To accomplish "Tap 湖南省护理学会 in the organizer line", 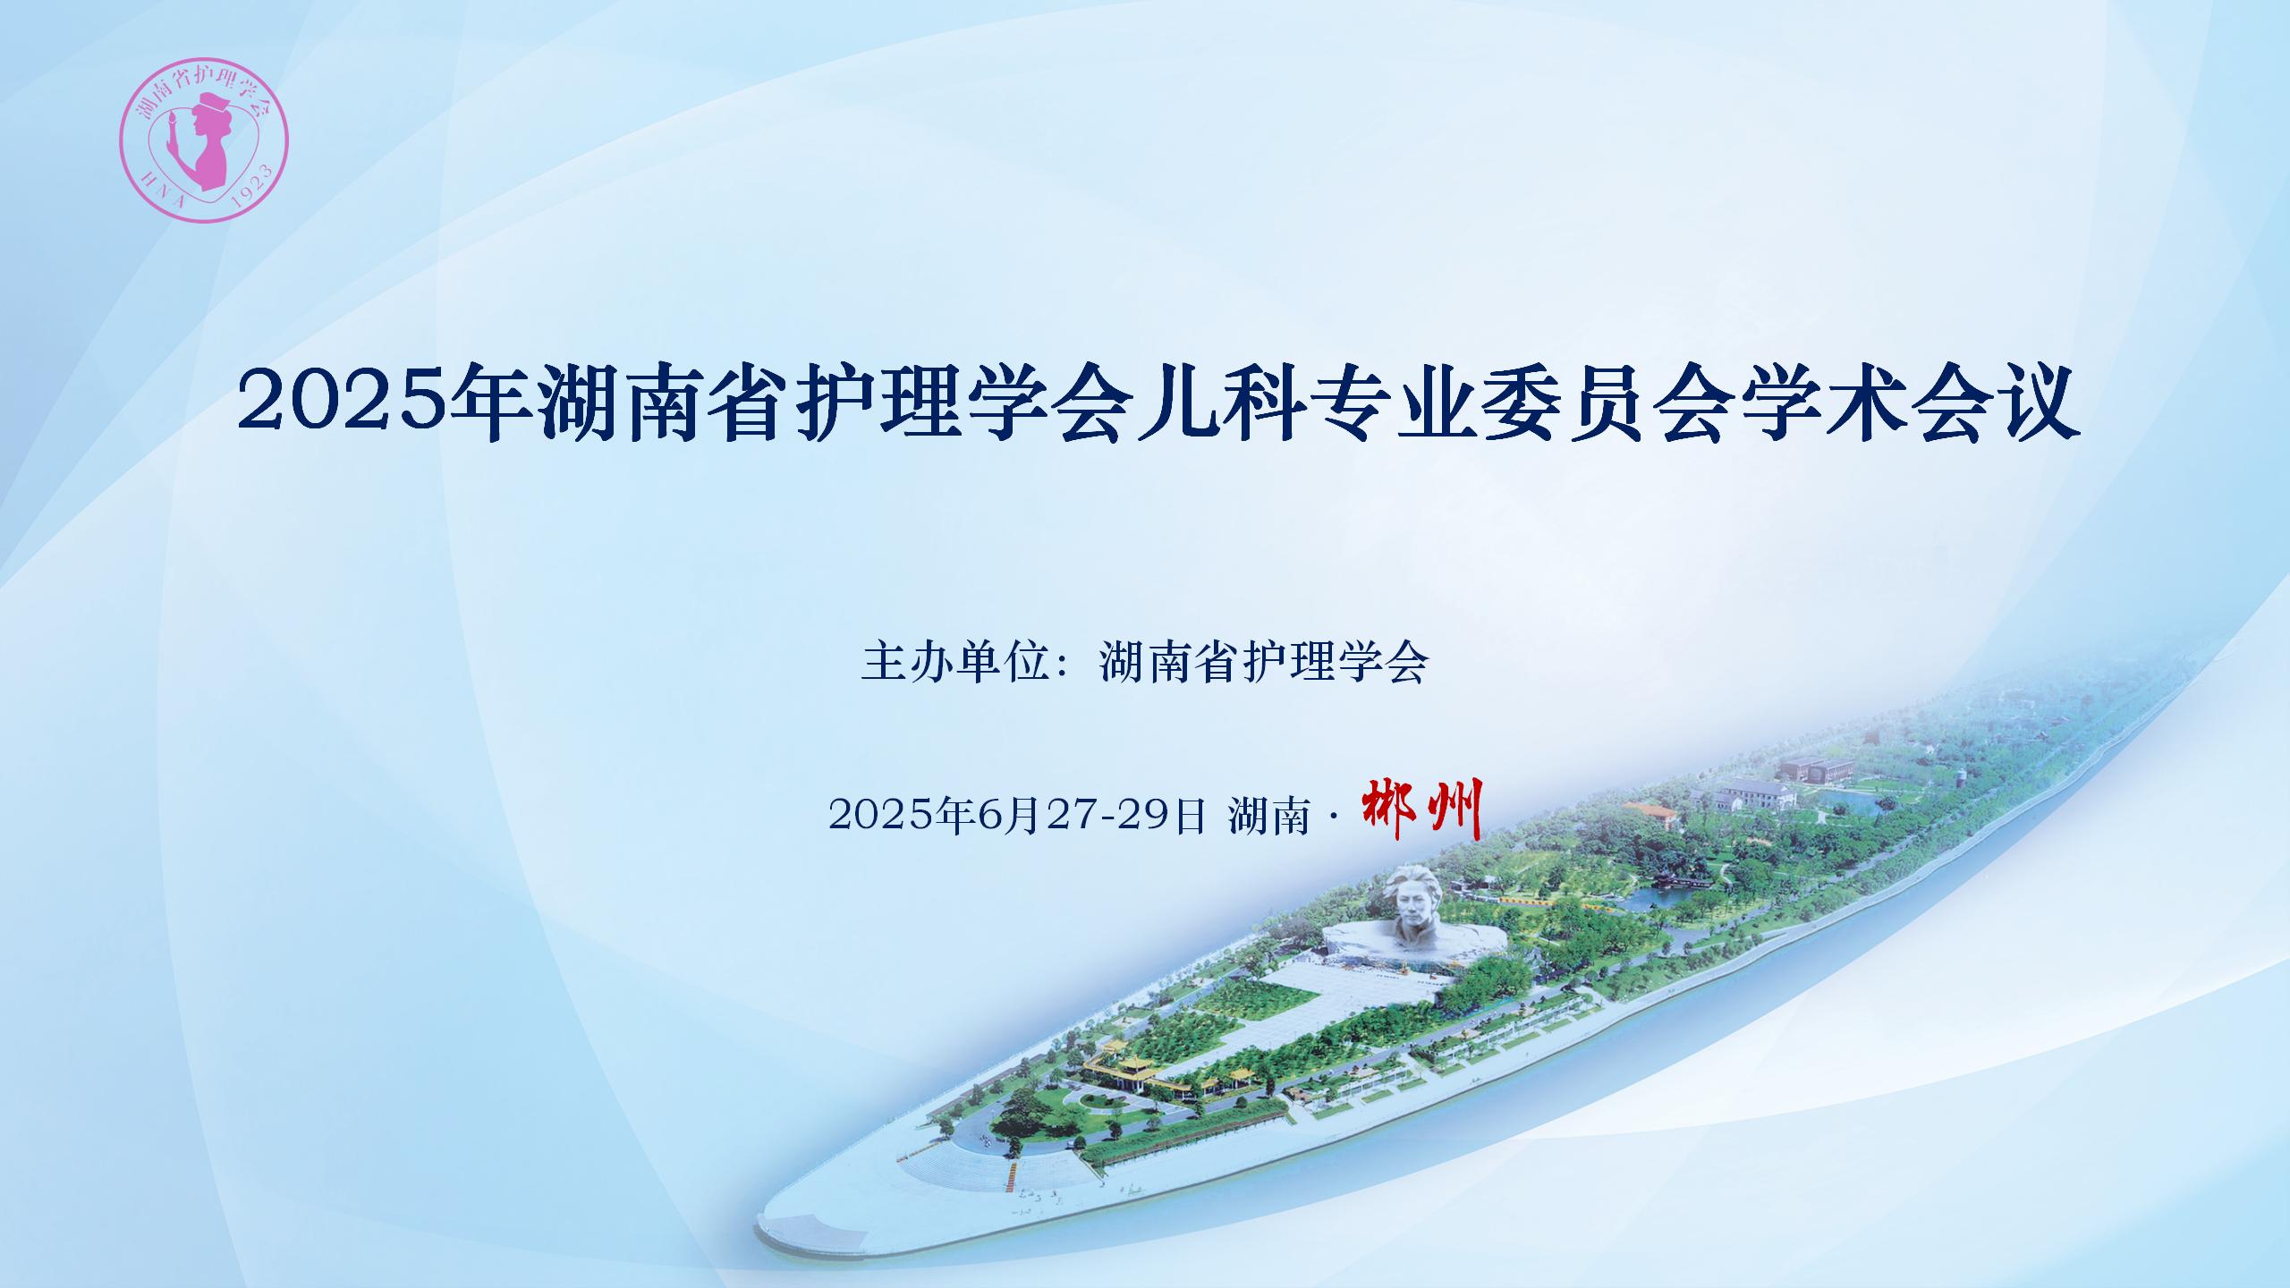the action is click(1262, 663).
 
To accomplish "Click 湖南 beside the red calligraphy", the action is click(1269, 816).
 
